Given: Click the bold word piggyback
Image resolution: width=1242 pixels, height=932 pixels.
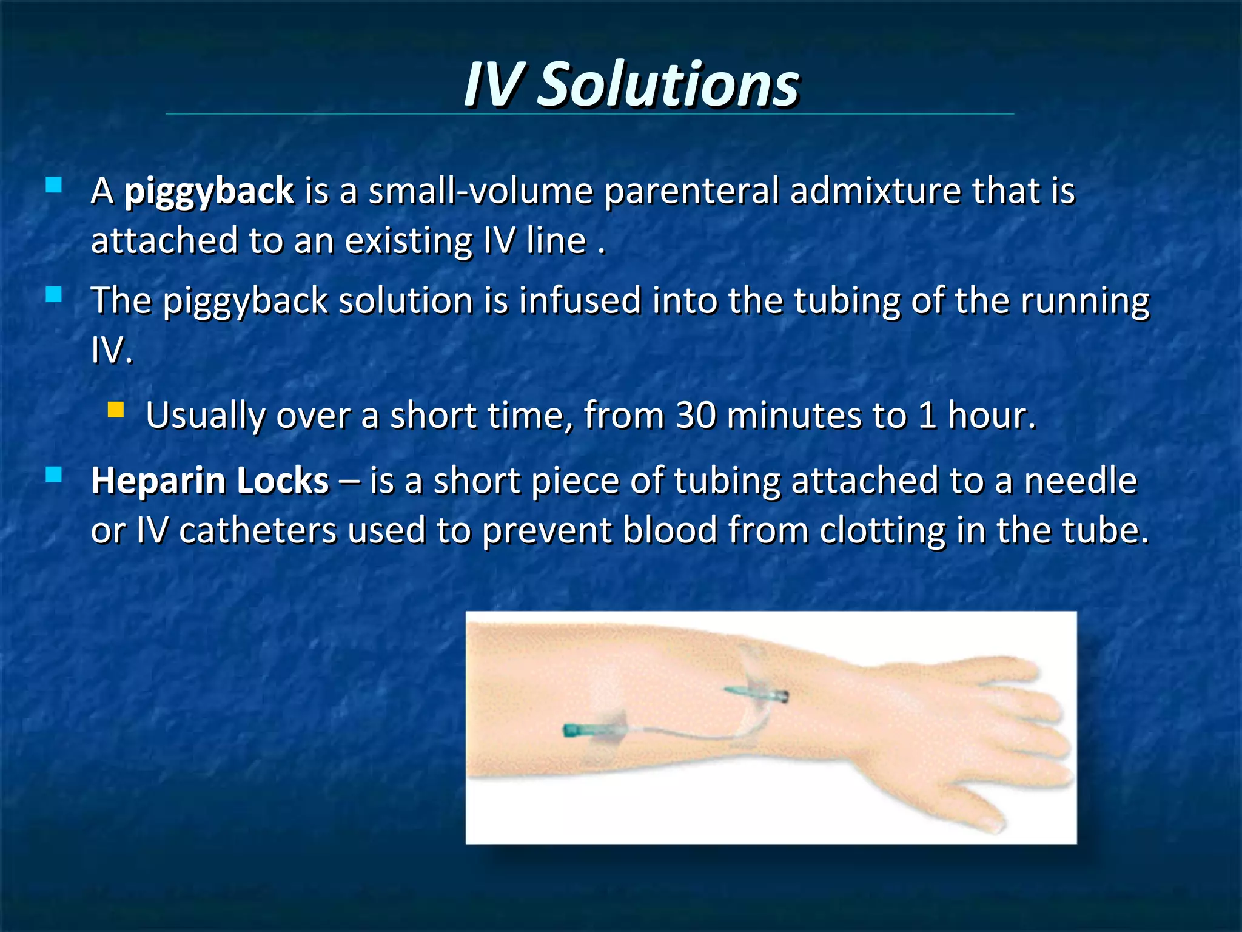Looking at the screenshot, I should pyautogui.click(x=209, y=191).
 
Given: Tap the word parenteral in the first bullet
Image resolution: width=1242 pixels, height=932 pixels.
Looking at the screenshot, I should pyautogui.click(x=691, y=191).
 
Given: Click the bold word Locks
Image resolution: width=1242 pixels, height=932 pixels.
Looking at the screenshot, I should pyautogui.click(x=283, y=481).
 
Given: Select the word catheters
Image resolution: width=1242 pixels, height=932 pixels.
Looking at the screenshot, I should pyautogui.click(x=258, y=531).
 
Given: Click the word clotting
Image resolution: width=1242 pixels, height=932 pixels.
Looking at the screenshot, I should pyautogui.click(x=882, y=531).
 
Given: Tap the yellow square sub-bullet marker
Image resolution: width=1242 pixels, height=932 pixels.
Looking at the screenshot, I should pyautogui.click(x=115, y=411).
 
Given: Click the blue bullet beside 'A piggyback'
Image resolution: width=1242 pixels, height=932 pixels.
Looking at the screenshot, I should pyautogui.click(x=54, y=185).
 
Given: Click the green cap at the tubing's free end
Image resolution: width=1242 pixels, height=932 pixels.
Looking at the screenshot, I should pyautogui.click(x=572, y=731).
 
